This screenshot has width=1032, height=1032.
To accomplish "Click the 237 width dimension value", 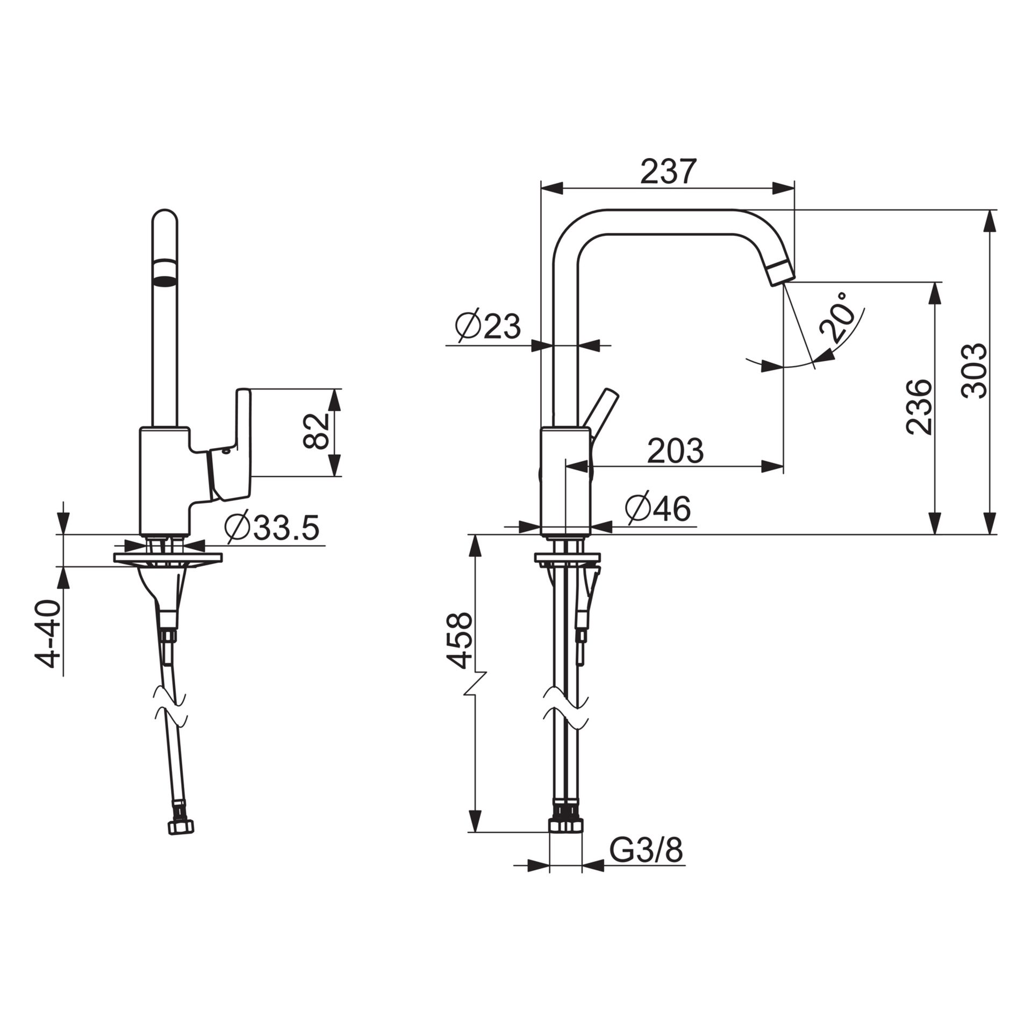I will coord(668,171).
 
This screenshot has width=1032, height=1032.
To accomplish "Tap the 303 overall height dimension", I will coord(974,371).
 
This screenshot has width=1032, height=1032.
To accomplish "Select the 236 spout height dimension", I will coord(918,406).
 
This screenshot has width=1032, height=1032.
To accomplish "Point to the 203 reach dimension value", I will coord(675,451).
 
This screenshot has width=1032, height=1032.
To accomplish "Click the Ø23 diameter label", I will coord(488,326).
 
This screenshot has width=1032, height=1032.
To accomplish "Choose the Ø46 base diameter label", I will coord(658,508).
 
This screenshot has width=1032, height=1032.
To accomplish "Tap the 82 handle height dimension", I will coord(316,431).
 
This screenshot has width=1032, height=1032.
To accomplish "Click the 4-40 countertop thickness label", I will coord(47,634).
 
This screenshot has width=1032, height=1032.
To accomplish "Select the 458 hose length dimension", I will coord(460,641).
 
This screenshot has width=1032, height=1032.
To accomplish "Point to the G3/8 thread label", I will coord(646,851).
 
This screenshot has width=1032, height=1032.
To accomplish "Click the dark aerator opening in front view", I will coord(164,271).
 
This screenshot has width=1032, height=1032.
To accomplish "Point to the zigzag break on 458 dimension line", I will coord(475,683).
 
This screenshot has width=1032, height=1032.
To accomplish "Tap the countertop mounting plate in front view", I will coord(168,557).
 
